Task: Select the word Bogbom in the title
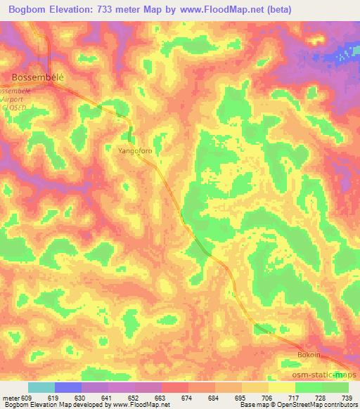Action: (28, 10)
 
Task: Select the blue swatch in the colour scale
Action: (68, 387)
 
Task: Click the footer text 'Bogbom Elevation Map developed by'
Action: (46, 405)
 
